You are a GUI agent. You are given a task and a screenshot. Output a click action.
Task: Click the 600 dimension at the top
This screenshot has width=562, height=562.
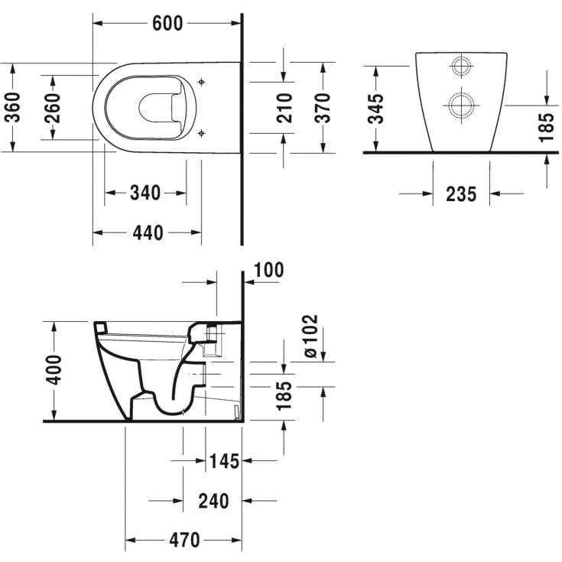[x=167, y=23]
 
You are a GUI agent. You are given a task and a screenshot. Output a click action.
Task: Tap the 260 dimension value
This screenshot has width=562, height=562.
[x=53, y=108]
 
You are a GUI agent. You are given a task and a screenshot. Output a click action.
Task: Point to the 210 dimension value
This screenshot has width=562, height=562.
[x=284, y=108]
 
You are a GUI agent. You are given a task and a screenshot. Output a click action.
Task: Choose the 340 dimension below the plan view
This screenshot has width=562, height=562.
[x=145, y=193]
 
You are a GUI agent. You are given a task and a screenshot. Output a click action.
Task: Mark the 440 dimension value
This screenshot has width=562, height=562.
[x=148, y=232]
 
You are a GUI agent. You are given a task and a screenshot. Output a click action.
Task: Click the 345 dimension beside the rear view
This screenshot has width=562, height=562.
[x=375, y=109]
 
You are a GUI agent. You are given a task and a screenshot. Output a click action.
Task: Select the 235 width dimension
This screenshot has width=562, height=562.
[x=461, y=194]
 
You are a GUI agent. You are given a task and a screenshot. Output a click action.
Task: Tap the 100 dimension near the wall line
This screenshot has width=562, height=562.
[x=268, y=270]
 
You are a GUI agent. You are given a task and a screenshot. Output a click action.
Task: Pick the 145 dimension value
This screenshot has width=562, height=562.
[x=224, y=461]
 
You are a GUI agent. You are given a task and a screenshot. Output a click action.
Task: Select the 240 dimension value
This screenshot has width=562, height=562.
[x=213, y=501]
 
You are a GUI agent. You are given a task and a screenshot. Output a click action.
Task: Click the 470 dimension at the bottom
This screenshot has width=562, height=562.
[x=184, y=540]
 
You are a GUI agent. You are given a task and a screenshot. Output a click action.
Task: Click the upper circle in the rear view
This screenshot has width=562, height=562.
[x=461, y=67]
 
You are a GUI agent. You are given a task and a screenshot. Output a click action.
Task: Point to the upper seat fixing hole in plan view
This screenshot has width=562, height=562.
[x=201, y=80]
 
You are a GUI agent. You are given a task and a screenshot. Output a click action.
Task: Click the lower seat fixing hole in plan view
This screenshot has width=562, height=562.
[x=201, y=134]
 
